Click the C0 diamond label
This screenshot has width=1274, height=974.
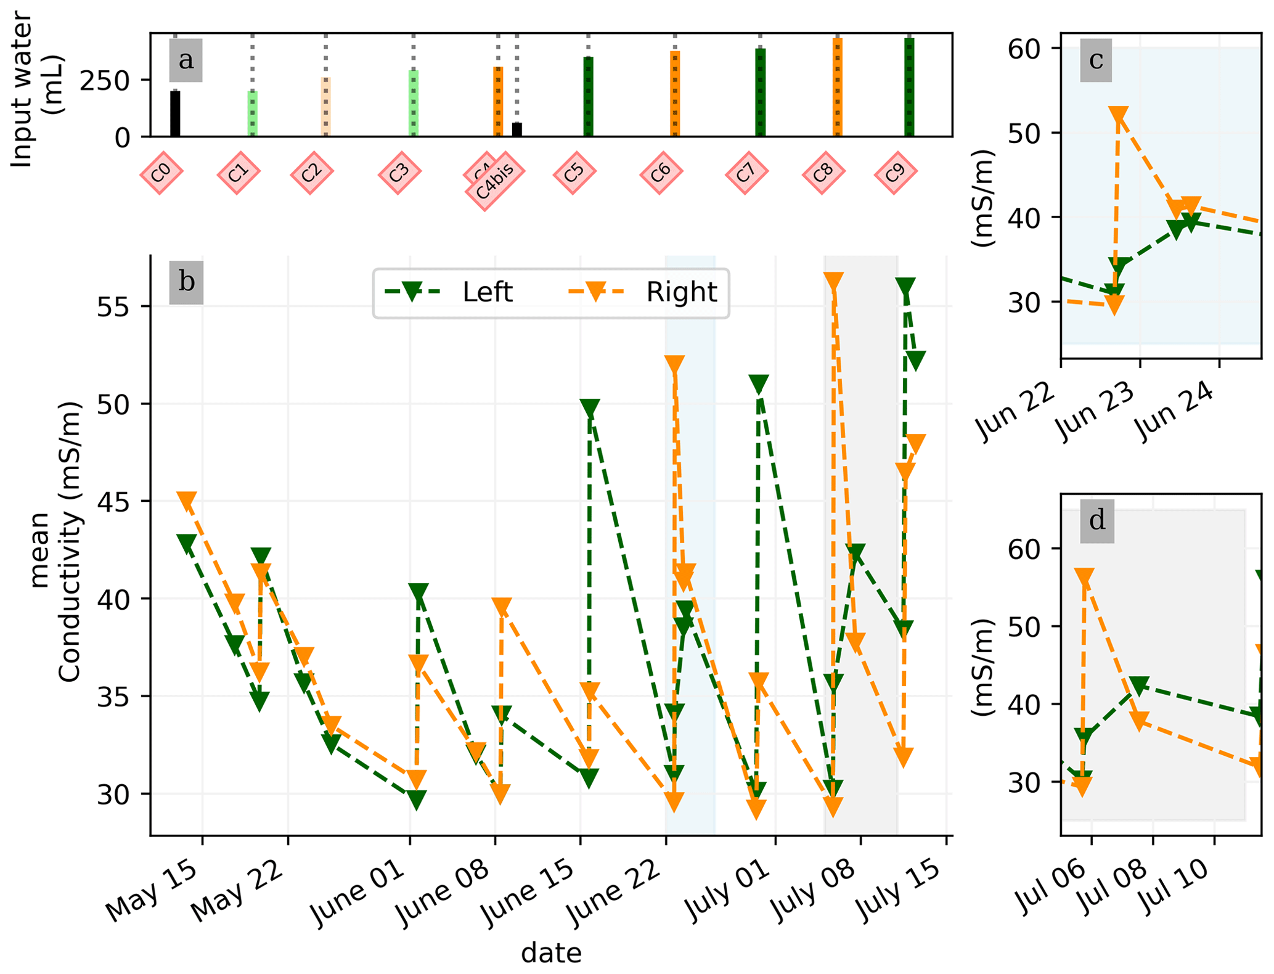161,173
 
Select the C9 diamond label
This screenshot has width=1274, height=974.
895,173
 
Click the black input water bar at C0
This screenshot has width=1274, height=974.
175,113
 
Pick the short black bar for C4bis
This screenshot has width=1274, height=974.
517,129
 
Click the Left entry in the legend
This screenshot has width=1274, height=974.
448,292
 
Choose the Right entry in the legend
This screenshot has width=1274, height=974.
642,292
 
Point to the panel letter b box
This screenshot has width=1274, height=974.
186,282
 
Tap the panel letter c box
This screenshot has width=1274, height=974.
1095,60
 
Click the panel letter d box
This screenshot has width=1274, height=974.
1096,521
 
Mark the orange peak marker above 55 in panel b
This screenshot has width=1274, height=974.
833,281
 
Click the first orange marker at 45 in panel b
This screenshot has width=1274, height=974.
186,501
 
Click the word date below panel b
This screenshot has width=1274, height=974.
551,953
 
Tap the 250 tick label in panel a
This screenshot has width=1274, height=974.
105,81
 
